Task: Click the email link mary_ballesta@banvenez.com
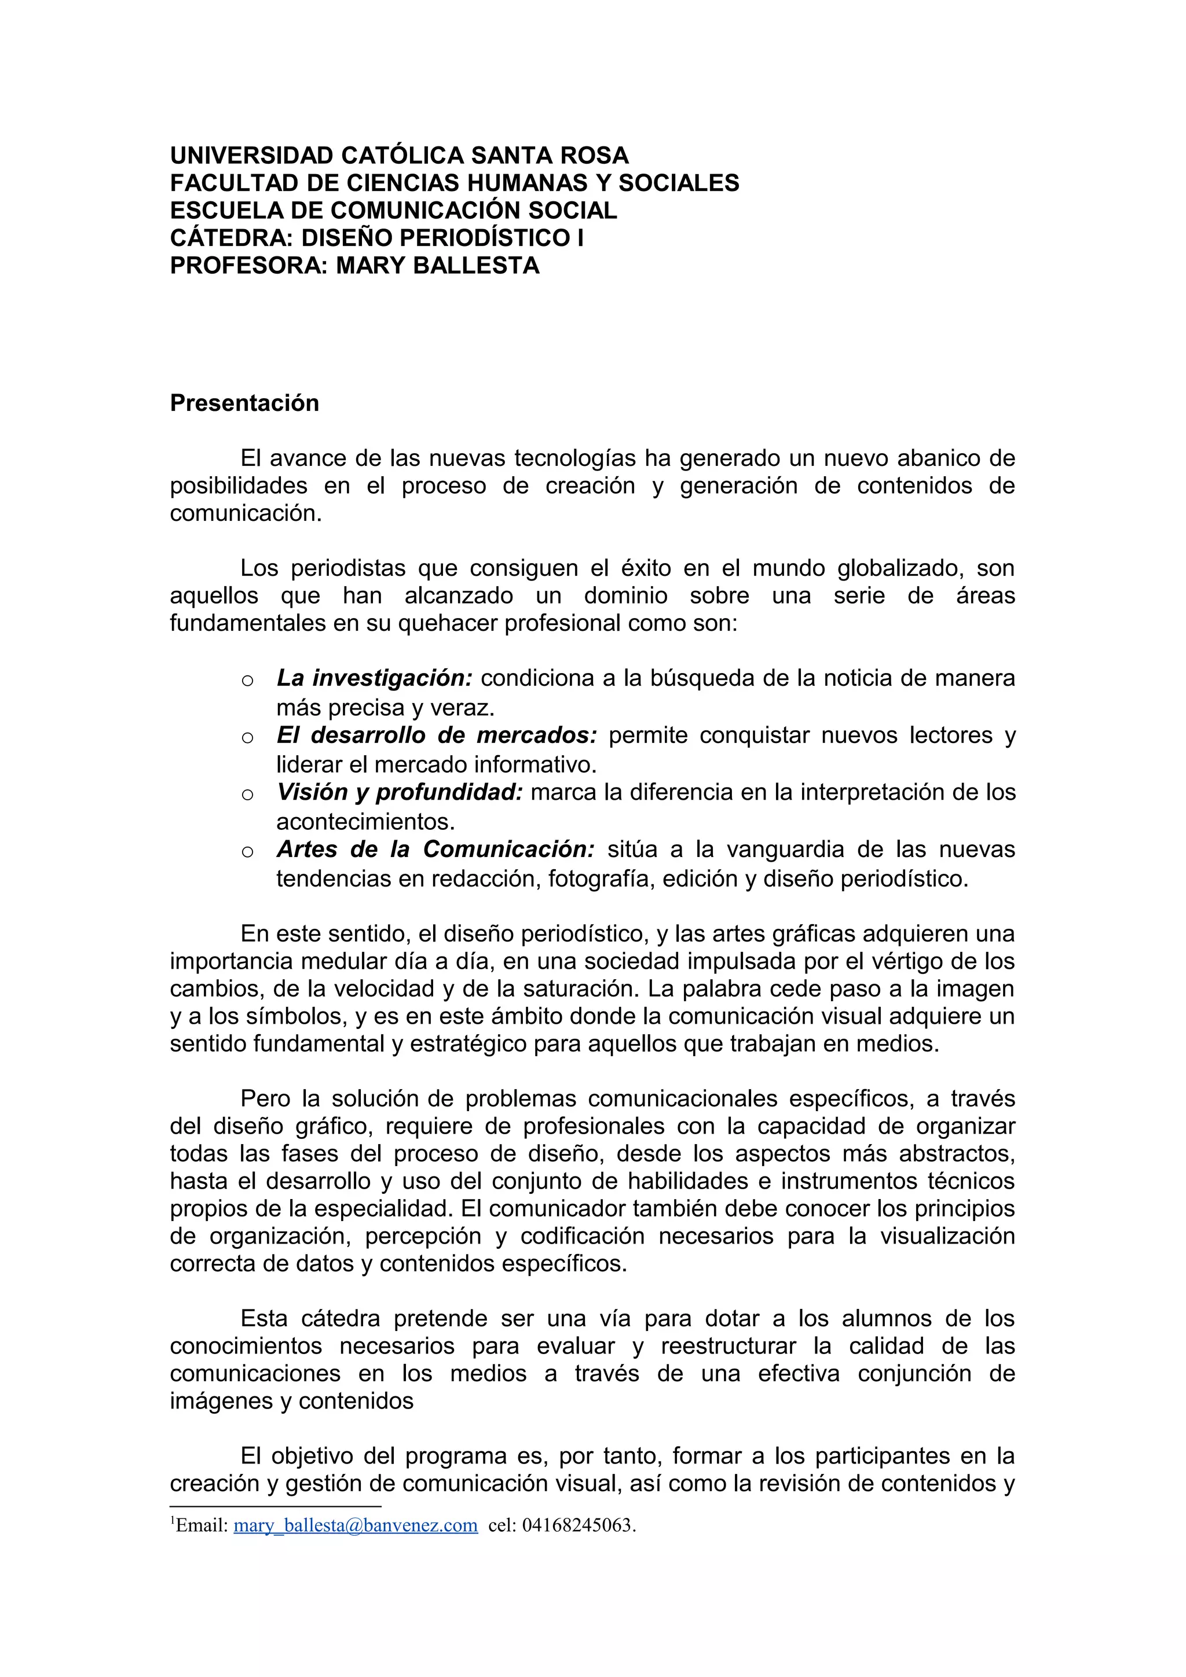(x=355, y=1525)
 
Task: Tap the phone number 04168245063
(x=578, y=1525)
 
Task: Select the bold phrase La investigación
(x=374, y=679)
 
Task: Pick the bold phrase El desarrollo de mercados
(x=436, y=735)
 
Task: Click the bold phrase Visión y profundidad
(x=399, y=792)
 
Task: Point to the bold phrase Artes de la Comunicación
(x=435, y=849)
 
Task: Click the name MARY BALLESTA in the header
(x=437, y=265)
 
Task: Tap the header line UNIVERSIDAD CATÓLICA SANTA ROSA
(x=399, y=156)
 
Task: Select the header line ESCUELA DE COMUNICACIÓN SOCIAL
(x=393, y=211)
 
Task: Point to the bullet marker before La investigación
(x=247, y=681)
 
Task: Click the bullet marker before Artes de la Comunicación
(x=247, y=852)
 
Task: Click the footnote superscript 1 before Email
(x=173, y=1521)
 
